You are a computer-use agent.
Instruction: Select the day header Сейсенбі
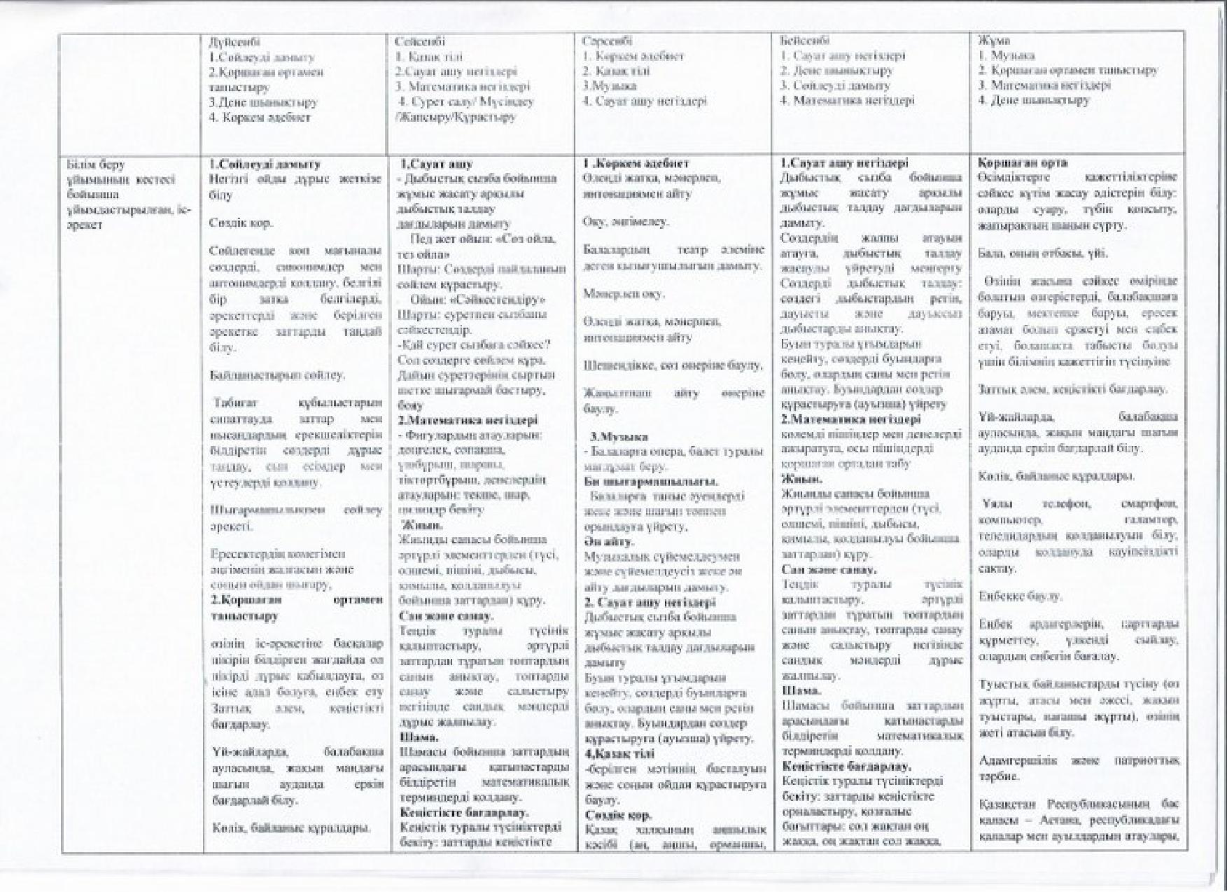419,41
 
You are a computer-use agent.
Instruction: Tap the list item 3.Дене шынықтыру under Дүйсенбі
263,102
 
